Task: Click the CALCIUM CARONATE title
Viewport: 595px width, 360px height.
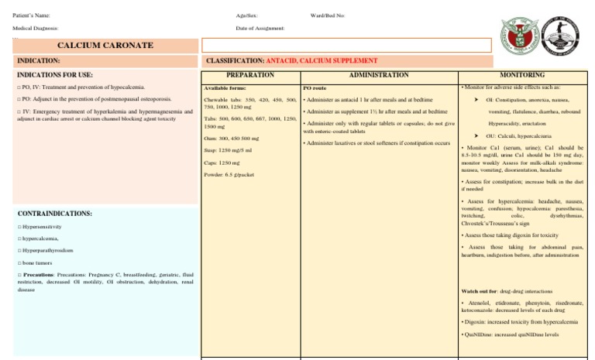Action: pos(105,46)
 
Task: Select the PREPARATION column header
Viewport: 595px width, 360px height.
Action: pos(250,75)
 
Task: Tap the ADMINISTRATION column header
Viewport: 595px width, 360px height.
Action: pos(379,75)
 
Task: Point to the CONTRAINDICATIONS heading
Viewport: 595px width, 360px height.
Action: pos(54,213)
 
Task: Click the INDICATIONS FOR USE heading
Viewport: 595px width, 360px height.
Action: pos(55,75)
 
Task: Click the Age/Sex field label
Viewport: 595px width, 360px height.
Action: pos(247,15)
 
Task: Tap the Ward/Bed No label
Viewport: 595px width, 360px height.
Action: pos(328,15)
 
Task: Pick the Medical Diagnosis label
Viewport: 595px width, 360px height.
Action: pos(36,28)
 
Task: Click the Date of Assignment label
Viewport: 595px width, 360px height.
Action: pos(260,28)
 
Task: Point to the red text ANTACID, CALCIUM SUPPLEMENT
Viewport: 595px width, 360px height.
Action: pos(322,60)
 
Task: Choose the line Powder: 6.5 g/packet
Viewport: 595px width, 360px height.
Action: pos(229,174)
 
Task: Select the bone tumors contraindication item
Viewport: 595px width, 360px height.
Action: pos(38,263)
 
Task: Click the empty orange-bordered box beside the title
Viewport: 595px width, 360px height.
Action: pos(346,46)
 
